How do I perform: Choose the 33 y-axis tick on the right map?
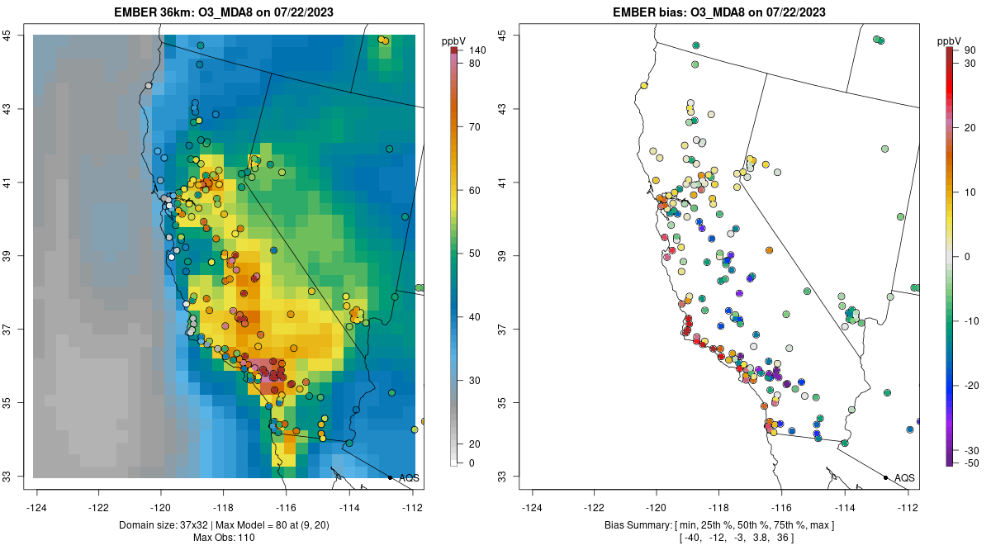click(x=513, y=477)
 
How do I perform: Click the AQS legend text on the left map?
click(x=409, y=477)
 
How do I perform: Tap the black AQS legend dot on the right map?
click(x=885, y=477)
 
